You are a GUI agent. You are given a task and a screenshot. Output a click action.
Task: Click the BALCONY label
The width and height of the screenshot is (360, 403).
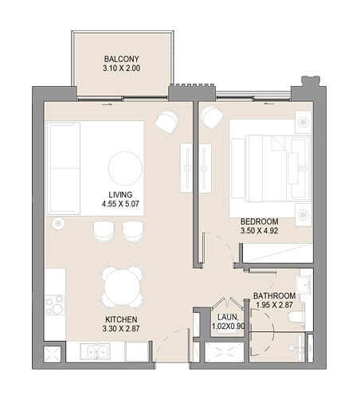click(121, 59)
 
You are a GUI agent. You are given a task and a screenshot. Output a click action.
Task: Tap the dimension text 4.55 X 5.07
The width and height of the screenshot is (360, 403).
click(120, 204)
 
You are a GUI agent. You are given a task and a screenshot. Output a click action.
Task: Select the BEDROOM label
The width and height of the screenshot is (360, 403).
click(260, 221)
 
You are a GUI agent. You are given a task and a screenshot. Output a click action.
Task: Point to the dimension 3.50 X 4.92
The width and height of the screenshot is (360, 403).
click(260, 231)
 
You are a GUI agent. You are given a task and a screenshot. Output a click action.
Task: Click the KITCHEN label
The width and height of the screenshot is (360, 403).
click(121, 319)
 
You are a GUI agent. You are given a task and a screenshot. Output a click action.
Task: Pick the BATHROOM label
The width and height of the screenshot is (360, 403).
click(274, 295)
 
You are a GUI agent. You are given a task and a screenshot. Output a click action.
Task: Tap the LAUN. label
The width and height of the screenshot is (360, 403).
click(228, 317)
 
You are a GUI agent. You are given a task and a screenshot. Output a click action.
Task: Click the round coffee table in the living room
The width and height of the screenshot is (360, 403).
click(125, 168)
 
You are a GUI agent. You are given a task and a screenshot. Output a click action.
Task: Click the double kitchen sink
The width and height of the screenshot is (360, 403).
click(96, 351)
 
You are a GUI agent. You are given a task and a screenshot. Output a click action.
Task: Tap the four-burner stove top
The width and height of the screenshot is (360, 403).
click(55, 305)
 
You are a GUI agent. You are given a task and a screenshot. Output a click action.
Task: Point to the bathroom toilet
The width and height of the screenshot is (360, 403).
click(296, 317)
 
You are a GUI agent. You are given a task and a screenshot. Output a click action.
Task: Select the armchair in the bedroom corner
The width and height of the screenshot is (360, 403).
click(212, 118)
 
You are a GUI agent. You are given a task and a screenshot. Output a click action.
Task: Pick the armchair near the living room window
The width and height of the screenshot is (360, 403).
click(166, 121)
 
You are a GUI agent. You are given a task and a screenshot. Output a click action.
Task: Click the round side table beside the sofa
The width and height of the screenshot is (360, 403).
click(58, 223)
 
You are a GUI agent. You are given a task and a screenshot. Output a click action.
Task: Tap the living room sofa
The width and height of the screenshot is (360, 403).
click(64, 168)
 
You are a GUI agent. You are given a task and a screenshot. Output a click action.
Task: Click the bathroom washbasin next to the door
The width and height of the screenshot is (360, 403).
click(303, 285)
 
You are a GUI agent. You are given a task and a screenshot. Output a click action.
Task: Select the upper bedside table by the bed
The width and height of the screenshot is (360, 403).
click(303, 122)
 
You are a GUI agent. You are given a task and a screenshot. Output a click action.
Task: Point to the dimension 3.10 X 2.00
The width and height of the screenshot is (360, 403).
click(121, 68)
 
